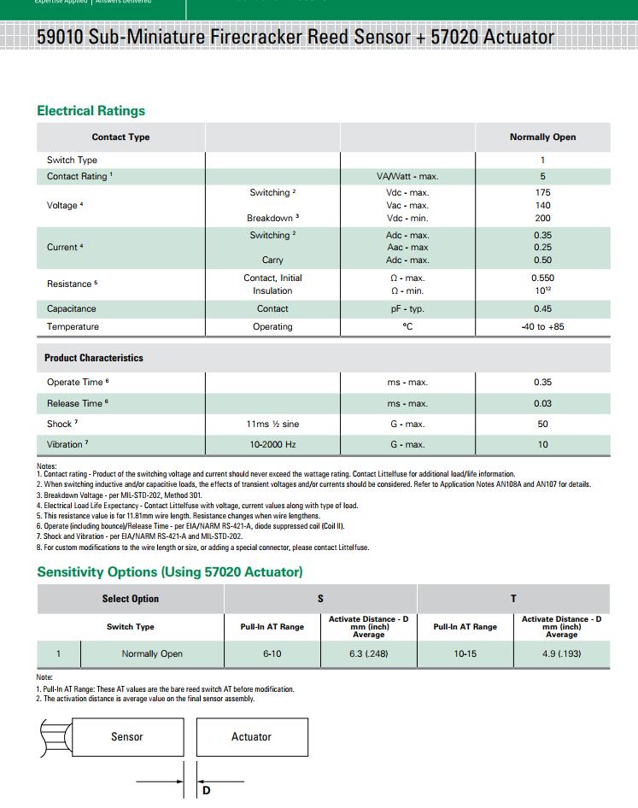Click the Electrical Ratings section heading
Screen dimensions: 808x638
(91, 111)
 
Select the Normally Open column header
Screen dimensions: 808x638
(542, 138)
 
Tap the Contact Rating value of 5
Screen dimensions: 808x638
(542, 177)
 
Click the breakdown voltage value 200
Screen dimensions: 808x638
(542, 219)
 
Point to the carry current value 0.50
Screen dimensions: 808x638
(542, 261)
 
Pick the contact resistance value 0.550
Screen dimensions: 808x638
(542, 278)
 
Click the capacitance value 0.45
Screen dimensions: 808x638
(542, 309)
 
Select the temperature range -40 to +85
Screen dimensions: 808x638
(542, 327)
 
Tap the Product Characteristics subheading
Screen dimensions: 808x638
(94, 358)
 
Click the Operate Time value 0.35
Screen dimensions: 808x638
(542, 383)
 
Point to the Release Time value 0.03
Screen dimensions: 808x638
(542, 404)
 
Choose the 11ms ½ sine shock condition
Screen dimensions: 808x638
(272, 424)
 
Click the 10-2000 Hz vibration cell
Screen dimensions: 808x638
(272, 445)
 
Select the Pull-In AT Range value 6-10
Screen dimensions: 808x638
(272, 654)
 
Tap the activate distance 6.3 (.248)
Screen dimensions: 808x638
(369, 654)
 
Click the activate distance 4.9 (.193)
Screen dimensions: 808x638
(561, 654)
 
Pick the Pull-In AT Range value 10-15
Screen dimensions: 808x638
(465, 654)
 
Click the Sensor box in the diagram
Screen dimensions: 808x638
(126, 737)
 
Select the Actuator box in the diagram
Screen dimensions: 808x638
(251, 737)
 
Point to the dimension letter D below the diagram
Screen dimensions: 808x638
(206, 791)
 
